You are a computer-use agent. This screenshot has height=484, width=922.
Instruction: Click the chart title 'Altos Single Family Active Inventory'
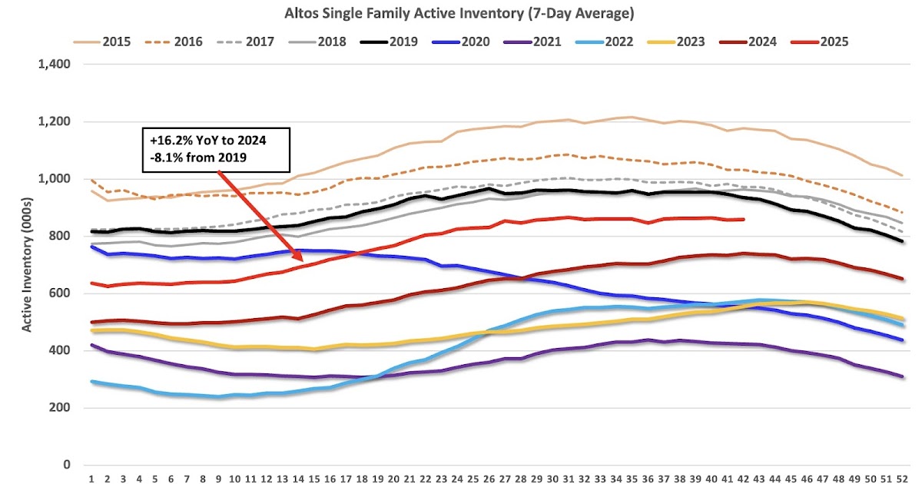click(x=460, y=14)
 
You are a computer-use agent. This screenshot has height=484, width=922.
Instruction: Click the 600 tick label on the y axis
click(x=61, y=293)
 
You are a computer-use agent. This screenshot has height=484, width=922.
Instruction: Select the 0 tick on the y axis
click(x=68, y=465)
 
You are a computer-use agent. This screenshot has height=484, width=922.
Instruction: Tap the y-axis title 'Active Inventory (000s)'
click(x=27, y=265)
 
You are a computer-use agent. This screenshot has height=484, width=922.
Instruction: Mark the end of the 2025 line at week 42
click(x=744, y=219)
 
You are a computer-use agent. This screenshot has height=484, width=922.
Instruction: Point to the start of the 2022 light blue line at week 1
click(x=92, y=381)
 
